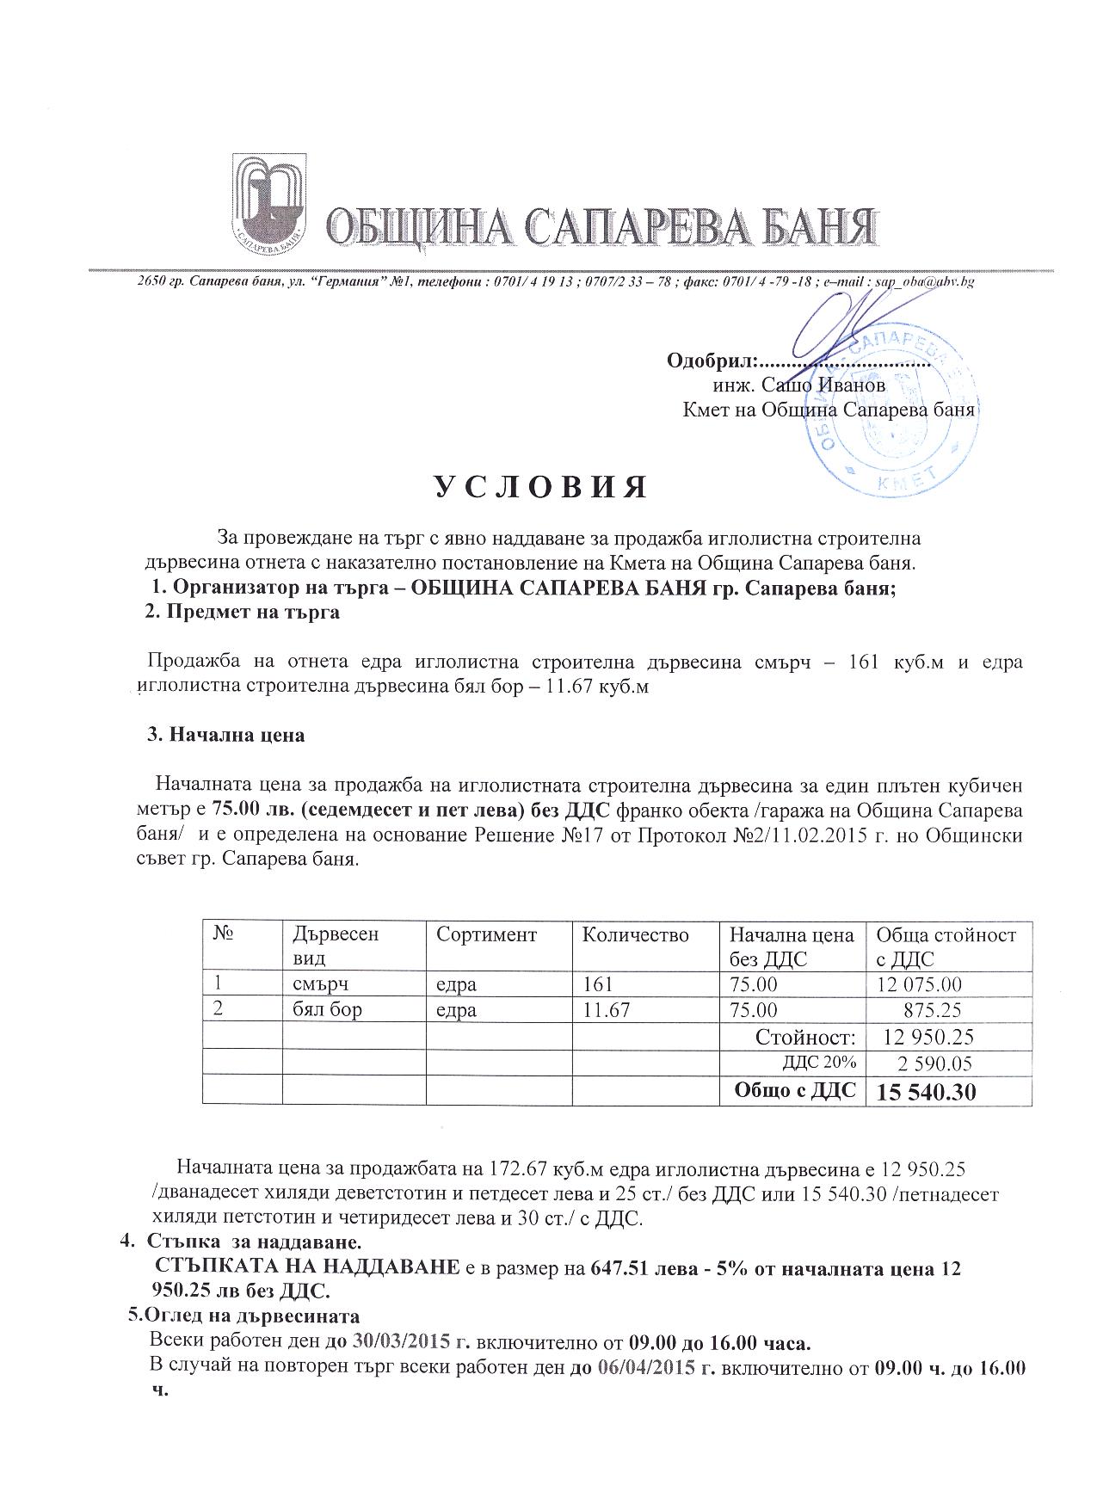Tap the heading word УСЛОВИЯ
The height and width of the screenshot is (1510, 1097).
coord(539,487)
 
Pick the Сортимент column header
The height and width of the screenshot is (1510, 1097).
coord(486,935)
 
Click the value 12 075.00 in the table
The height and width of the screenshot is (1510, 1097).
coord(918,984)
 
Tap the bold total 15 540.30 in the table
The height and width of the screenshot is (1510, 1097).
coord(926,1093)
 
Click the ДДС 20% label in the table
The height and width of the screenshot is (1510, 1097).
coord(818,1063)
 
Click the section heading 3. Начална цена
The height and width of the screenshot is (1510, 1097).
coord(226,736)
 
